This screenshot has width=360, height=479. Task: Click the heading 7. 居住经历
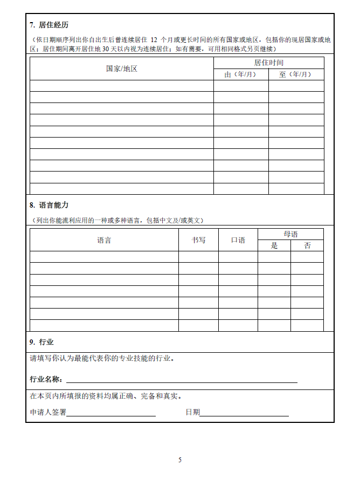pos(49,25)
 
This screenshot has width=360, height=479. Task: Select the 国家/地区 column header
pos(121,69)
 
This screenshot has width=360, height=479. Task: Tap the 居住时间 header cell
pos(268,63)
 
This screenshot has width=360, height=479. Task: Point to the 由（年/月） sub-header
pos(240,74)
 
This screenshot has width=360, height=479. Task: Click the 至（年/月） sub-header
pos(296,74)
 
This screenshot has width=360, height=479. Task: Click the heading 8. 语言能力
pos(49,205)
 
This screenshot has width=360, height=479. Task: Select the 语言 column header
pos(104,240)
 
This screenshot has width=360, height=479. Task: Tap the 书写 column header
pos(198,240)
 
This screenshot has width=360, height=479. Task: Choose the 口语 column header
pos(238,240)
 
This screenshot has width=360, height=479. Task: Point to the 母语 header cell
pos(290,234)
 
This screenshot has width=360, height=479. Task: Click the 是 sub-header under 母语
pos(274,245)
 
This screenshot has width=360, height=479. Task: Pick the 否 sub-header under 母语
pos(307,245)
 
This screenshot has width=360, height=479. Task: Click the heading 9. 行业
pos(41,342)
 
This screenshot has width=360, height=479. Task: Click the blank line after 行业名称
pos(181,381)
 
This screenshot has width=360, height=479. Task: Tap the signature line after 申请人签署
pos(111,414)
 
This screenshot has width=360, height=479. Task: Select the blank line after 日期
pos(244,414)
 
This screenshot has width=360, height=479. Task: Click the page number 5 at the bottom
pos(180,460)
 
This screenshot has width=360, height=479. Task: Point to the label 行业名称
pos(46,379)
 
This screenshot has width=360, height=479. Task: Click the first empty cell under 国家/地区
pos(121,86)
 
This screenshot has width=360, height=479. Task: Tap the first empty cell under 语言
pos(104,257)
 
